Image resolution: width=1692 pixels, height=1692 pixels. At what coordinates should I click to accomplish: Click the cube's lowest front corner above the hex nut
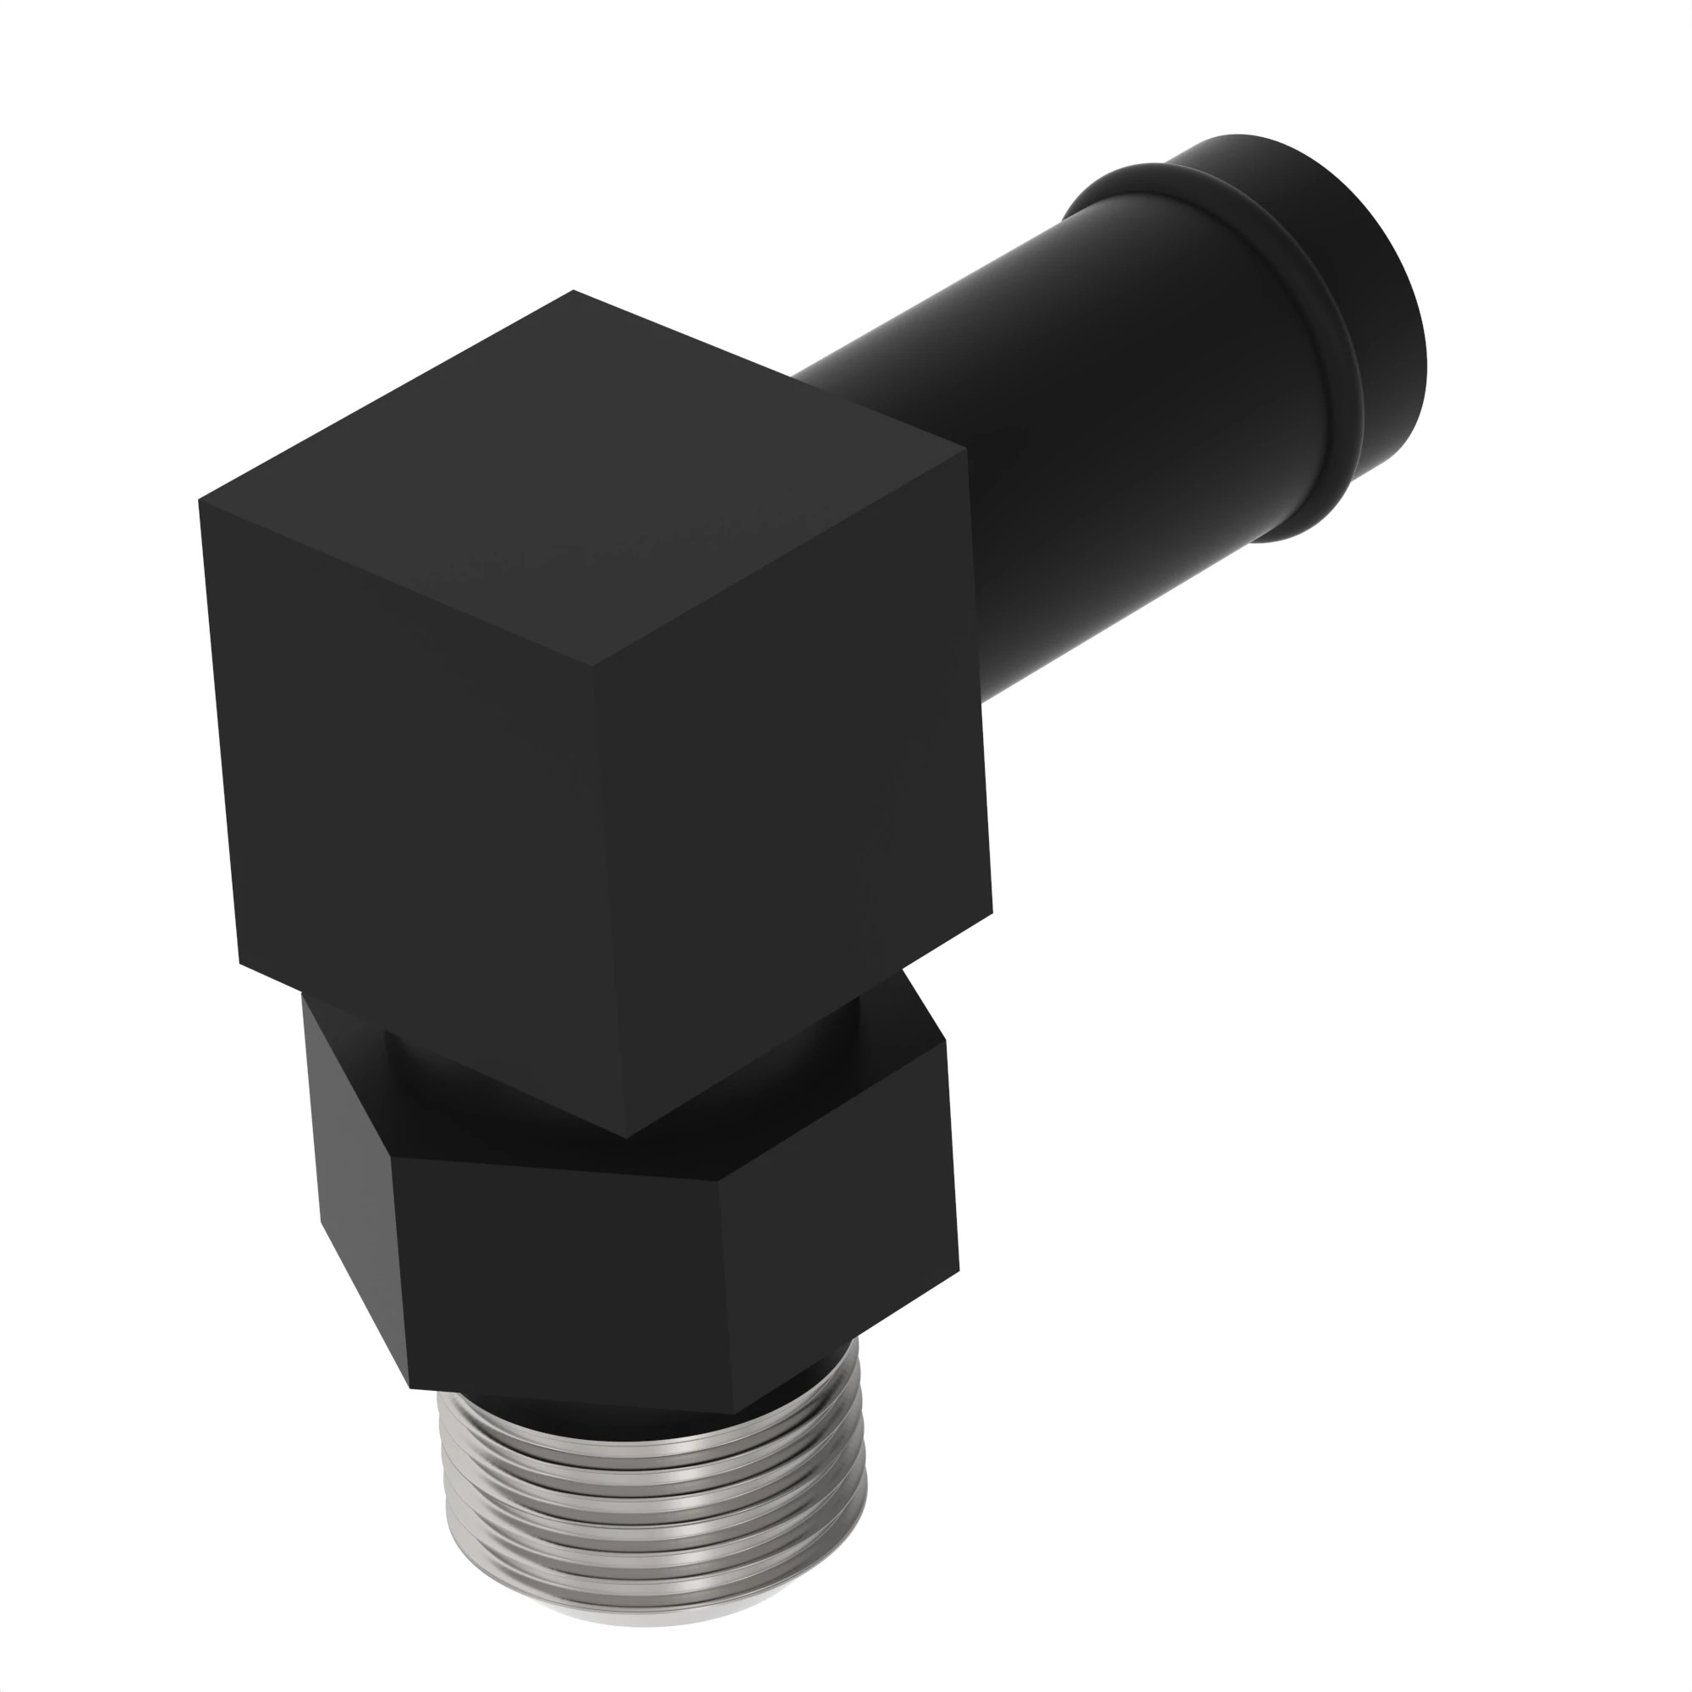[624, 1138]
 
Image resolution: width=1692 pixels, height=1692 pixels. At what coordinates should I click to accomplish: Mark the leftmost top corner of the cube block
[200, 500]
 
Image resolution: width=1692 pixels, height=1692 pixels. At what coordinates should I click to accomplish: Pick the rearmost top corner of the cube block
[573, 291]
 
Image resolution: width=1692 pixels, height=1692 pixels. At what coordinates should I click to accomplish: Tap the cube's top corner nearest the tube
[966, 452]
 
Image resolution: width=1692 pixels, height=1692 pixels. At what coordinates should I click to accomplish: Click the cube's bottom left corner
[240, 964]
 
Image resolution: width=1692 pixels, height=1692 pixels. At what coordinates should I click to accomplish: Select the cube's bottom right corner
[992, 911]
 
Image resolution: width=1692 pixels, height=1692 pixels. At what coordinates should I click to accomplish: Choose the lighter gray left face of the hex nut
[350, 1165]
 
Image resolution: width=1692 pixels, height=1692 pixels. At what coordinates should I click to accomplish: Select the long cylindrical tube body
[1095, 420]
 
